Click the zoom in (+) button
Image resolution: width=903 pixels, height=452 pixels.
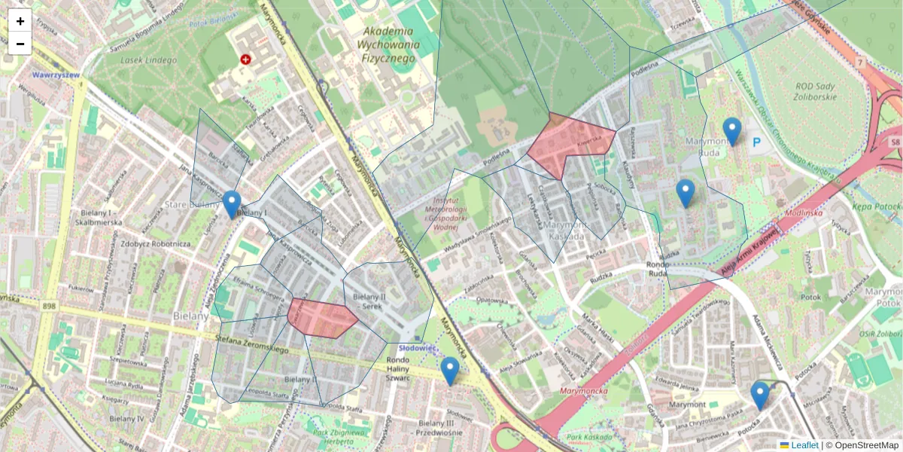pyautogui.click(x=20, y=21)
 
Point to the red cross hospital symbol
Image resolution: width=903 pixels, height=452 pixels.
pyautogui.click(x=245, y=59)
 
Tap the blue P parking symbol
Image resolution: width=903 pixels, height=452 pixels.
pyautogui.click(x=757, y=141)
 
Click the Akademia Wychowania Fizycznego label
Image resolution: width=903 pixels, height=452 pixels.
pyautogui.click(x=388, y=44)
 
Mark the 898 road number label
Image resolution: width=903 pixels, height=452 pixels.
pyautogui.click(x=50, y=305)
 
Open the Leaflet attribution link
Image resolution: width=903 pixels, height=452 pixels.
pyautogui.click(x=804, y=445)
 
